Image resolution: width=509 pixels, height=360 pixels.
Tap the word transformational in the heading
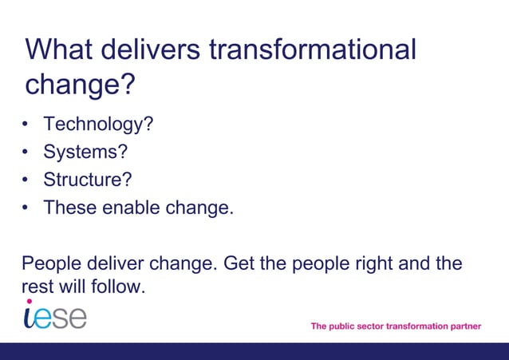tap(312, 49)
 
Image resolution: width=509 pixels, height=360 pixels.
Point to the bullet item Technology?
tap(98, 125)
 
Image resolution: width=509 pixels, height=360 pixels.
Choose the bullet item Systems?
tap(85, 152)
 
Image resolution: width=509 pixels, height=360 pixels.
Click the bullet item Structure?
tap(88, 180)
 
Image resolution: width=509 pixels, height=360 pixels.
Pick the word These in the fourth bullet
tap(70, 208)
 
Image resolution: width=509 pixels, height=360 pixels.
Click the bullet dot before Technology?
tap(26, 125)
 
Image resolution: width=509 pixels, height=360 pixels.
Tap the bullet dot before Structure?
tap(26, 180)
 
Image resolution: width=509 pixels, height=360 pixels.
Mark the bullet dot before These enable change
tap(26, 208)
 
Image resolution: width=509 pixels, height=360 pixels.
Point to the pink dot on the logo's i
tap(30, 302)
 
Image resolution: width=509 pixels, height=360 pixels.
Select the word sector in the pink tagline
tap(367, 326)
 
